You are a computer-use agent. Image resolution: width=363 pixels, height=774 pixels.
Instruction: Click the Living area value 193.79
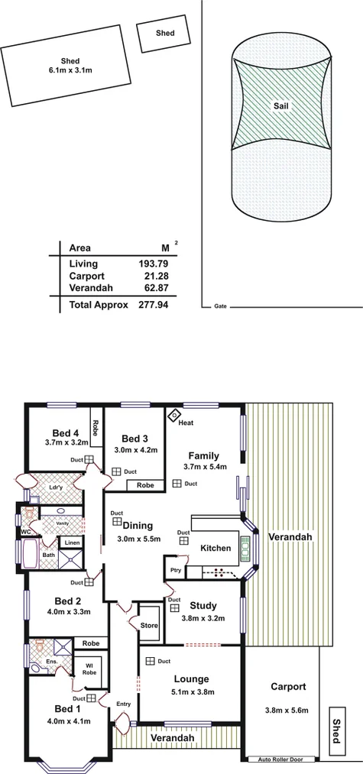click(153, 263)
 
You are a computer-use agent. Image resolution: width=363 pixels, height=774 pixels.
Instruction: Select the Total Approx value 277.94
click(153, 304)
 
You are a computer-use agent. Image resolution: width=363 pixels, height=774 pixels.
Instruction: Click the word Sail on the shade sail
click(280, 107)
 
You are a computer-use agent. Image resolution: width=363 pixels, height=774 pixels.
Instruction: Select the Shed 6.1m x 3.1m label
click(70, 66)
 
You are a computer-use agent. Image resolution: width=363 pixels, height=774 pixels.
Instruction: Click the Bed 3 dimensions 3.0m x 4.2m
click(135, 450)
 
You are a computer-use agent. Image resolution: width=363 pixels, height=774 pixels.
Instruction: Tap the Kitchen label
click(215, 549)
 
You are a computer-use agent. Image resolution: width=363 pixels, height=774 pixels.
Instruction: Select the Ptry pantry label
click(174, 570)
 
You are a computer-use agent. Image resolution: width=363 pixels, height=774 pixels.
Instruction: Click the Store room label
click(149, 626)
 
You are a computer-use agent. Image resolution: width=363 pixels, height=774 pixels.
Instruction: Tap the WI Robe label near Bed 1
click(90, 669)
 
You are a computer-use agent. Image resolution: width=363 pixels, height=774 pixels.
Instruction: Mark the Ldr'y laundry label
click(55, 487)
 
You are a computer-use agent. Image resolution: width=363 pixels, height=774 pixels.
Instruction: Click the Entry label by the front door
click(123, 704)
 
